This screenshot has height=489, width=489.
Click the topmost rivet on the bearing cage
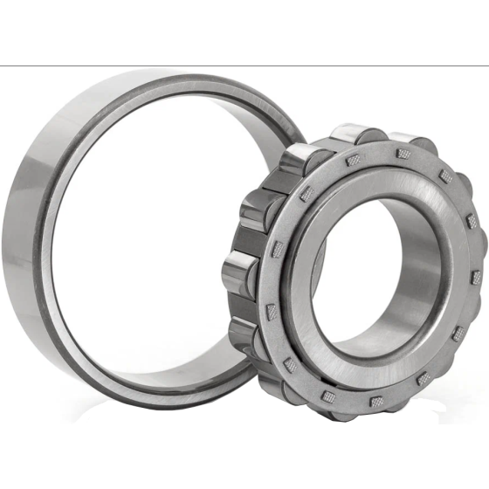click(403, 154)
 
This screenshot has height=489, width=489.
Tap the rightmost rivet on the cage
click(476, 278)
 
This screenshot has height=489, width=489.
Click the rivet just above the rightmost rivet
click(472, 222)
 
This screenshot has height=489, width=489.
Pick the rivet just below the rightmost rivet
click(457, 333)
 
